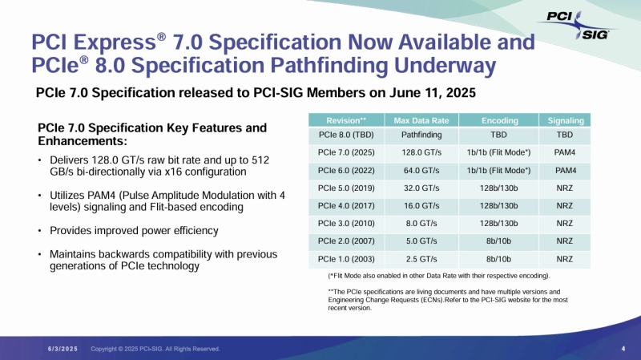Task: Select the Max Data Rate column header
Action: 419,120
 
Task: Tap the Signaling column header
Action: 565,120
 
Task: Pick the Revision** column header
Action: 341,120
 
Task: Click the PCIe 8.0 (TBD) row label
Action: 341,136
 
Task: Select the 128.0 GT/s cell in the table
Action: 419,153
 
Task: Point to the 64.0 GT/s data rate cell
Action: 419,171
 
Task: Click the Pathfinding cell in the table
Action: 419,136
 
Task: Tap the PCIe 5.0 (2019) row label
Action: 341,188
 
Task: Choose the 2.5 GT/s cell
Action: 419,259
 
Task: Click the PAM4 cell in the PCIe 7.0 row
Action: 565,153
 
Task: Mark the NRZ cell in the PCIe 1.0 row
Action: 565,259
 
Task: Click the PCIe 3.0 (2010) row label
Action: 341,224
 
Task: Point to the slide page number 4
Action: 623,348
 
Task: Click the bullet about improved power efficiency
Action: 134,231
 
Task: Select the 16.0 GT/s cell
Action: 419,206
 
